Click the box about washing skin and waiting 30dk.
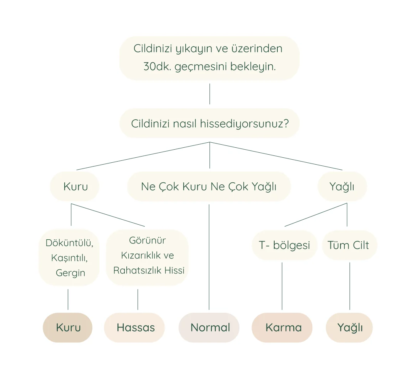(209, 58)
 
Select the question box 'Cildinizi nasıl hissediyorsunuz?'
(209, 123)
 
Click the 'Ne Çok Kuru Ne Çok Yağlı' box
(209, 187)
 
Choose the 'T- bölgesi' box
(284, 245)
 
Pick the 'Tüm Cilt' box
(349, 245)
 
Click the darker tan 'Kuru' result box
(68, 327)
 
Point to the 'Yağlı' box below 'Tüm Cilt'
(349, 327)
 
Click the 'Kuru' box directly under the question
(75, 187)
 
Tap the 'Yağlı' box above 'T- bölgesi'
(342, 187)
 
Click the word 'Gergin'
(70, 273)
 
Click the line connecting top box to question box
(210, 94)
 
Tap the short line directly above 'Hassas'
(138, 299)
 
